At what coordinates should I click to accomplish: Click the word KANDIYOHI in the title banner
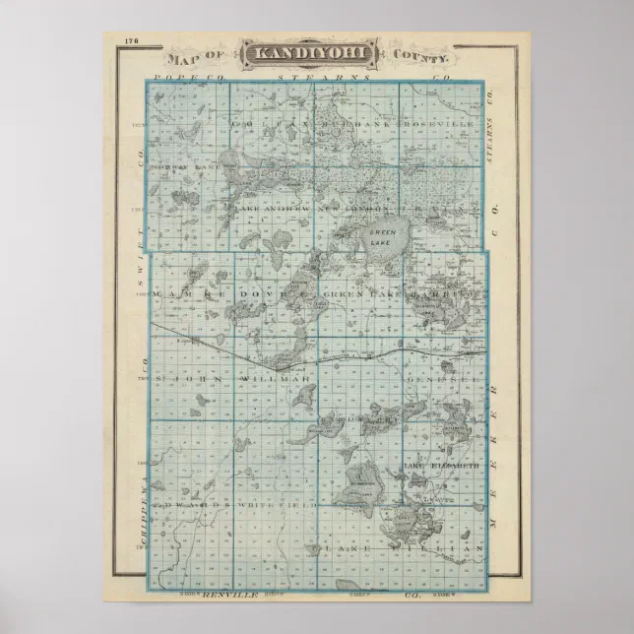[298, 54]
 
